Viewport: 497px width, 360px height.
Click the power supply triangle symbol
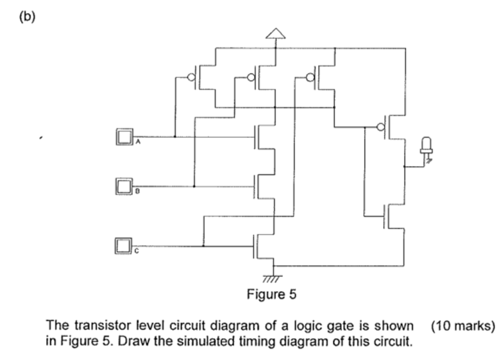point(274,33)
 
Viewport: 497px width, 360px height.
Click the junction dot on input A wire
point(174,137)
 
